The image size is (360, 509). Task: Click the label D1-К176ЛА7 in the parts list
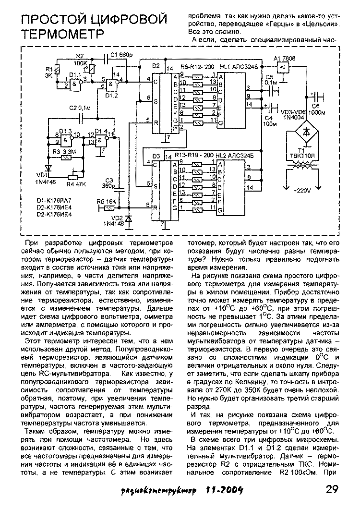pos(54,200)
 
